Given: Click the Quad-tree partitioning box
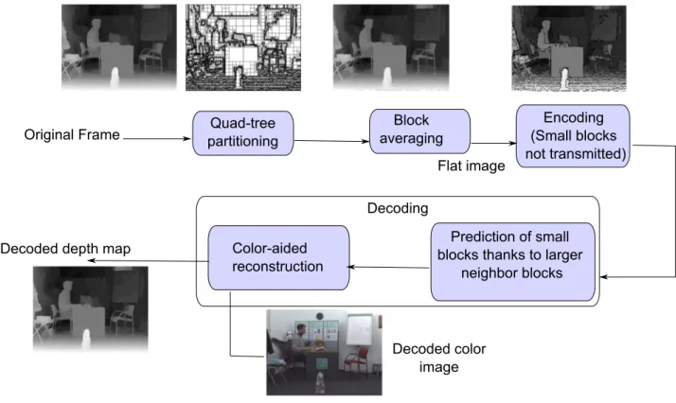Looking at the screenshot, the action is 242,133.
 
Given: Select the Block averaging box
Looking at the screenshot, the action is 419,131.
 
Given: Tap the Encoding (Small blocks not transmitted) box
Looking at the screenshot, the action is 573,135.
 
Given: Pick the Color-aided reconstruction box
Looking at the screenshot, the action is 278,257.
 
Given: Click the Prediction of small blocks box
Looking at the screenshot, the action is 512,261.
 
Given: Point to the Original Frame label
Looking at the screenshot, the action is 72,134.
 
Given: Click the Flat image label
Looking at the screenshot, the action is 471,166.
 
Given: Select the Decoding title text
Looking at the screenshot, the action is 398,208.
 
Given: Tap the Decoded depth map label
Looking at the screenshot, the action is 65,249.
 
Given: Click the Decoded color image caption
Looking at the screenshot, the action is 439,358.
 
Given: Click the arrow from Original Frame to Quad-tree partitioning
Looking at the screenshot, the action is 157,138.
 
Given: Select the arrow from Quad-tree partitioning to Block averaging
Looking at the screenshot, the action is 331,141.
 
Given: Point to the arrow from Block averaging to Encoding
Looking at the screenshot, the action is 493,144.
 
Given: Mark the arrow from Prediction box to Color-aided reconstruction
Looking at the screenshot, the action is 389,267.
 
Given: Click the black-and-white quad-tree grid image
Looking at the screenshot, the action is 243,47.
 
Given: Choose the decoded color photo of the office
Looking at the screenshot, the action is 324,352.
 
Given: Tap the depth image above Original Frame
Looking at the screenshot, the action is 119,47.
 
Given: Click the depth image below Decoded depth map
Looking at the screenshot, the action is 91,308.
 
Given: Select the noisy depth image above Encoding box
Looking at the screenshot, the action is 569,48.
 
